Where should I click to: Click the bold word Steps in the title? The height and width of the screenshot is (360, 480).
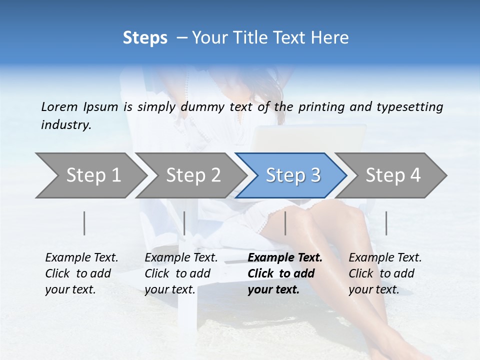[145, 38]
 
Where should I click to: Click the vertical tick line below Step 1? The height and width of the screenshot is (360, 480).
[84, 223]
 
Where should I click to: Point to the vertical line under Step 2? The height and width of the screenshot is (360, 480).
[184, 223]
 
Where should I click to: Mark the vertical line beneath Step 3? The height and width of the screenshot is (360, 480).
[285, 223]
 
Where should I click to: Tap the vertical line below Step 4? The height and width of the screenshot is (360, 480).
[386, 223]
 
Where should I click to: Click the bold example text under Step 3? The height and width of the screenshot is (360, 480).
[284, 273]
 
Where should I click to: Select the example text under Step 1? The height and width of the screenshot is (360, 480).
[81, 273]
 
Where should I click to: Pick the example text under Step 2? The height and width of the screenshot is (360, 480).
[181, 273]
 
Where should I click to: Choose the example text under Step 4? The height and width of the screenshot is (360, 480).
[385, 273]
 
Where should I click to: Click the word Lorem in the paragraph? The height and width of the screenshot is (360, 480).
[59, 106]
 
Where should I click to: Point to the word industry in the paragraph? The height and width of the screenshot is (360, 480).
[66, 125]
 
